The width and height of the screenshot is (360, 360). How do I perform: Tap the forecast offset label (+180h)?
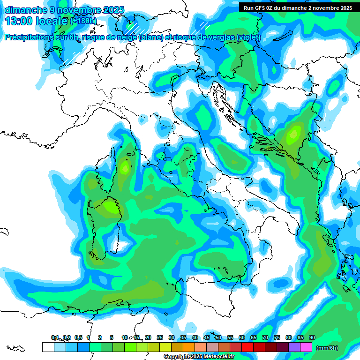point(83,21)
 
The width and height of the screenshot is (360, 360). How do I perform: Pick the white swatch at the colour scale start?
point(48,347)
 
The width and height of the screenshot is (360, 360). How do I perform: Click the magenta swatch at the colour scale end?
point(306,347)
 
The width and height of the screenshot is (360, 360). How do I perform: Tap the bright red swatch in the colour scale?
point(247,347)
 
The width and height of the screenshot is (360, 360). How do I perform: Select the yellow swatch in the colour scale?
point(165,347)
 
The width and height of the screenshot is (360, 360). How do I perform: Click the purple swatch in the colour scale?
point(294,347)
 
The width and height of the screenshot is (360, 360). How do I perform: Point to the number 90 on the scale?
point(312,337)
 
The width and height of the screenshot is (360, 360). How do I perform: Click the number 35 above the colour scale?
point(183,337)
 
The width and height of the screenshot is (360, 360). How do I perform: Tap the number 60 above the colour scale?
point(242,337)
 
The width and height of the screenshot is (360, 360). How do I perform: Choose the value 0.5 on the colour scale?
point(78,337)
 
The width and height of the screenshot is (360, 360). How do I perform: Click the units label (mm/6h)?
point(327,348)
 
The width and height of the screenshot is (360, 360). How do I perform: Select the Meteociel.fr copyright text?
point(205,357)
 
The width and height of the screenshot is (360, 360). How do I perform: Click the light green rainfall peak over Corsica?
point(125,166)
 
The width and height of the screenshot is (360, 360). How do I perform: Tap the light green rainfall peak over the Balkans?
point(294,134)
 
